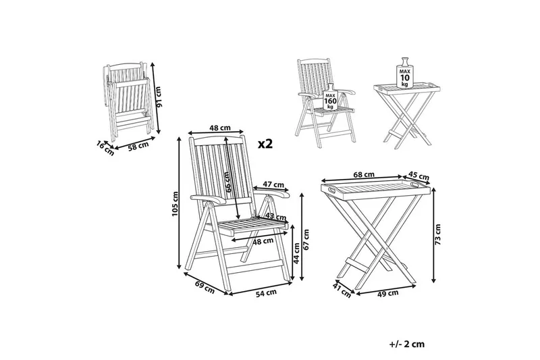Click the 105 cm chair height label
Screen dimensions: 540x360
click(x=175, y=203)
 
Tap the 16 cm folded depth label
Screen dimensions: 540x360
click(x=105, y=148)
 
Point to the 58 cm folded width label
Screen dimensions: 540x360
click(x=139, y=146)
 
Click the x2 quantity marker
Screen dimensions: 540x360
click(x=265, y=144)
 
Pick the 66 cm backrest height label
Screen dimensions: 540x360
click(x=226, y=182)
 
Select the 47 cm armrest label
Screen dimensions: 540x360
click(x=273, y=184)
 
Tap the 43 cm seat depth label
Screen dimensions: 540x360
click(x=276, y=216)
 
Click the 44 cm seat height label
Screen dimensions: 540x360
click(x=296, y=253)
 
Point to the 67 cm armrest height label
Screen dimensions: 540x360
click(x=306, y=239)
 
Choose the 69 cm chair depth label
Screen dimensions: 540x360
click(x=205, y=287)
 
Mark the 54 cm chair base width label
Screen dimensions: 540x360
click(x=266, y=292)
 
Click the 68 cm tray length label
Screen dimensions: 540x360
click(x=364, y=174)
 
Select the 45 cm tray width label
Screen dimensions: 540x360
click(x=418, y=176)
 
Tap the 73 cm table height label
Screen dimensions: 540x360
click(x=437, y=234)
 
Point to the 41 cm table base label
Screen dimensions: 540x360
click(x=342, y=290)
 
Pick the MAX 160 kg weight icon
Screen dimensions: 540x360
click(x=330, y=97)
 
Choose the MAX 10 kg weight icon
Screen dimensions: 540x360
click(x=404, y=73)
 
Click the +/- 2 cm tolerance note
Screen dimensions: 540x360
click(x=407, y=344)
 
